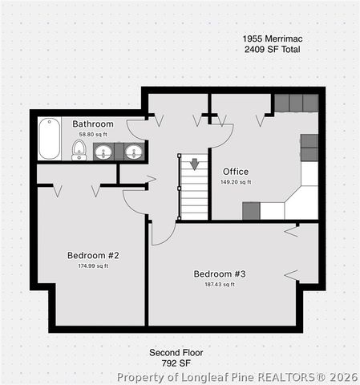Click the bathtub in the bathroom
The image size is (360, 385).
click(x=50, y=139)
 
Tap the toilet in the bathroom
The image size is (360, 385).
click(x=79, y=149)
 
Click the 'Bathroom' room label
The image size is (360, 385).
click(x=93, y=124)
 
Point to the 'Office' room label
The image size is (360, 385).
click(x=236, y=172)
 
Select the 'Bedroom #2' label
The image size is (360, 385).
click(x=93, y=256)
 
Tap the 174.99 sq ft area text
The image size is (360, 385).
click(x=93, y=266)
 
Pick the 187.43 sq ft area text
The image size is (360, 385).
click(x=220, y=284)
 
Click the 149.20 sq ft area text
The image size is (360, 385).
click(x=236, y=182)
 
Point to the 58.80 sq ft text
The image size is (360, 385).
click(x=93, y=134)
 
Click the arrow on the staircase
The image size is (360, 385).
click(x=193, y=164)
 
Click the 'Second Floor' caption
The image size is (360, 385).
click(x=176, y=353)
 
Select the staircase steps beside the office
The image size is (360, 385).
click(x=193, y=192)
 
